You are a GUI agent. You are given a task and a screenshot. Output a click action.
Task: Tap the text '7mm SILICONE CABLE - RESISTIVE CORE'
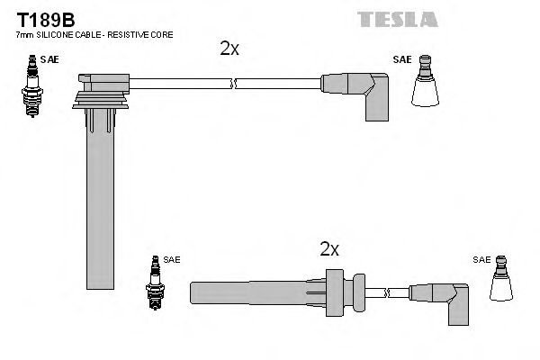tap(94, 34)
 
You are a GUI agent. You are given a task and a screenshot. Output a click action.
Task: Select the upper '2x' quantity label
tap(229, 49)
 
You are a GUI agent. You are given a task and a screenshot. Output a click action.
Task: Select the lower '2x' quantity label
tap(329, 248)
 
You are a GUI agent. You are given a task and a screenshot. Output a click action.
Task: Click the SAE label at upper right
tap(401, 60)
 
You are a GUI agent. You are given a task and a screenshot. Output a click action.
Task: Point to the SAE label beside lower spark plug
tap(172, 260)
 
